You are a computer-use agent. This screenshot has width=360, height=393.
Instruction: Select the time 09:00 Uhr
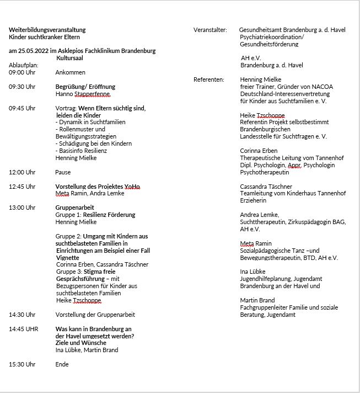(22, 72)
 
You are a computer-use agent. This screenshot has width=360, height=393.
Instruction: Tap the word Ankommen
(71, 72)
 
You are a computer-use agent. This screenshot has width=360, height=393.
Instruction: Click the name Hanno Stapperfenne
(83, 94)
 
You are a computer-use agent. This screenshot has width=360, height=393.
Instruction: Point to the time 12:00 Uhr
(22, 172)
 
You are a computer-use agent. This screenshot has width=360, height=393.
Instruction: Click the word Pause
(63, 172)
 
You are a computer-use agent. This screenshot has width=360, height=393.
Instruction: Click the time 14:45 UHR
(23, 328)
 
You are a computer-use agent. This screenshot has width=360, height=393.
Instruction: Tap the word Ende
(62, 364)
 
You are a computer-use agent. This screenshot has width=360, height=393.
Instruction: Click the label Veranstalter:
(210, 30)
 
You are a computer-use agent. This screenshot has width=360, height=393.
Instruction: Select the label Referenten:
(209, 79)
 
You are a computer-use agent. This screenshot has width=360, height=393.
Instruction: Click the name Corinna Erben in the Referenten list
(259, 151)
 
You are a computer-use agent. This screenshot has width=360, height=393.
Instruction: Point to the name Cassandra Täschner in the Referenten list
(266, 187)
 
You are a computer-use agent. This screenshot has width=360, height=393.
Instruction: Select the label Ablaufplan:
(24, 65)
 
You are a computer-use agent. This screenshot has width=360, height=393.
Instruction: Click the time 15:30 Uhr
(22, 364)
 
